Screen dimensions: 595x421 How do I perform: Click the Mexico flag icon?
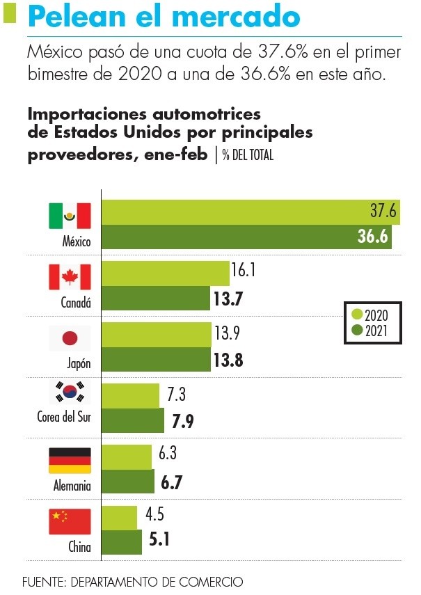(x=70, y=216)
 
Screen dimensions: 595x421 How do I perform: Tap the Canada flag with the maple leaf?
(x=70, y=277)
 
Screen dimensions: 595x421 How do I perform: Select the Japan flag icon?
(x=70, y=338)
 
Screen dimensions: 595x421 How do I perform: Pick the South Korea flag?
(x=70, y=393)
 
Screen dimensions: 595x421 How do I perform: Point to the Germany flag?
(x=70, y=460)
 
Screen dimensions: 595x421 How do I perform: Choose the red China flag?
(x=70, y=521)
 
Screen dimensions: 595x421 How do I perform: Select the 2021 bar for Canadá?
(x=156, y=299)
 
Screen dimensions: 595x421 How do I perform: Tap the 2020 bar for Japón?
(x=157, y=335)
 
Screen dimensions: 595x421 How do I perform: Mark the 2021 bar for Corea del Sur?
(x=133, y=420)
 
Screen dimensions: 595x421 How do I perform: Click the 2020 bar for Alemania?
(x=127, y=457)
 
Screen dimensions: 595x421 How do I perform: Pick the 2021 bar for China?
(x=122, y=541)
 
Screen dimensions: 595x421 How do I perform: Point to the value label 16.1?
(x=247, y=270)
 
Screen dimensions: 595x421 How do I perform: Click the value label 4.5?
(x=154, y=516)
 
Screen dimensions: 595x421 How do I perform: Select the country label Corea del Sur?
(x=64, y=417)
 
